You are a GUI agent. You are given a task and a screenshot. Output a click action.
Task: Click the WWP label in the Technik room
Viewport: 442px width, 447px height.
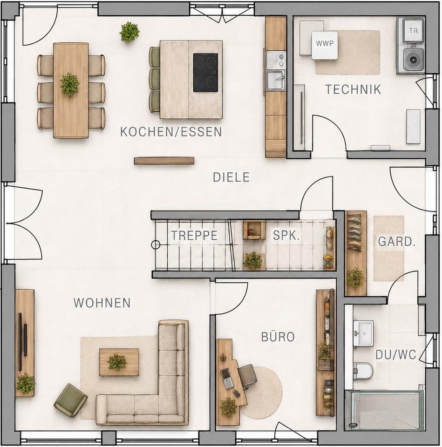tap(325, 44)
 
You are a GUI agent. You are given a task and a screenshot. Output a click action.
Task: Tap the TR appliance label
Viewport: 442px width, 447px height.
tap(413, 31)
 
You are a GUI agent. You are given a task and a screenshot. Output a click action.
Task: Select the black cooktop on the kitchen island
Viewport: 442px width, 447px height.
tap(205, 73)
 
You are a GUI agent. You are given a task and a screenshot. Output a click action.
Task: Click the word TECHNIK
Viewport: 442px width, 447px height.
tap(353, 89)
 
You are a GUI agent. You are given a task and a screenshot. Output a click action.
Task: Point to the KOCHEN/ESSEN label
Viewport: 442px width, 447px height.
tap(171, 132)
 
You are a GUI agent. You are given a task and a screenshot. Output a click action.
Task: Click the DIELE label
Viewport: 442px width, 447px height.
tap(231, 177)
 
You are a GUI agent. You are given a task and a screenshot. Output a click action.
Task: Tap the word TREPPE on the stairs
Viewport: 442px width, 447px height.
tap(195, 236)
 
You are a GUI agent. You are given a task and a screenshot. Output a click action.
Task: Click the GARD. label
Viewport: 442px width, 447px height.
tap(396, 242)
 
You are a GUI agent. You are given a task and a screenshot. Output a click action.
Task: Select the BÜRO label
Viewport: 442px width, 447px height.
tap(278, 337)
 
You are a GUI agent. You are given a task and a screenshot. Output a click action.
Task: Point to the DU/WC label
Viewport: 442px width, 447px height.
tap(396, 355)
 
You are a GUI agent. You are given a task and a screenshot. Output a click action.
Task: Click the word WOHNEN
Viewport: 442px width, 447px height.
tap(102, 303)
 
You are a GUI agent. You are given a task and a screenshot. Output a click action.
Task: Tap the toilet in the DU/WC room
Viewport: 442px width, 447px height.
tap(363, 371)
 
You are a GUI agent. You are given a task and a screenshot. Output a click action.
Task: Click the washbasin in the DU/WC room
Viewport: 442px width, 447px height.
tap(363, 333)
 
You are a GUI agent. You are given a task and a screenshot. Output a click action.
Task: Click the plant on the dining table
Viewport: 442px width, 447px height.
tap(69, 85)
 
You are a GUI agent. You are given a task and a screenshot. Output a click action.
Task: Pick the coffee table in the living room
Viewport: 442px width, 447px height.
tap(119, 362)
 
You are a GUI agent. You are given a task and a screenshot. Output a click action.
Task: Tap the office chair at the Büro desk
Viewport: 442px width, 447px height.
tap(247, 376)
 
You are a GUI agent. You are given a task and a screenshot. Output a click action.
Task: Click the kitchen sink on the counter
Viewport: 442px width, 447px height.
tap(275, 80)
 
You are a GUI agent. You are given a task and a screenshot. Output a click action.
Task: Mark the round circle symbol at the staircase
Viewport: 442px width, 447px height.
tap(156, 244)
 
